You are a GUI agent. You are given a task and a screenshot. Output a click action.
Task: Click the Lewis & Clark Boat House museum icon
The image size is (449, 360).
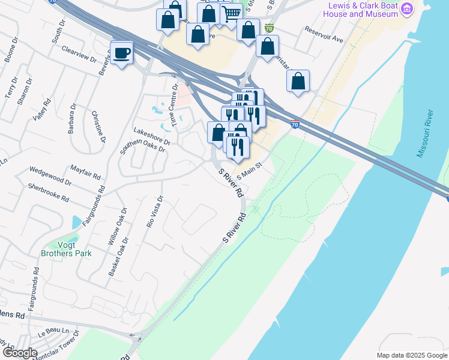pos(408,9)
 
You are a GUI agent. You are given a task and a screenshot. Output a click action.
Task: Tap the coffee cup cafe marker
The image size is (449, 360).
pos(122,53)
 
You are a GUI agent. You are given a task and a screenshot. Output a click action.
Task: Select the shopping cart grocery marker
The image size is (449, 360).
pos(232,14)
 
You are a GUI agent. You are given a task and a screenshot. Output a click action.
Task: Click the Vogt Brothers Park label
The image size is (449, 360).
pos(67,249)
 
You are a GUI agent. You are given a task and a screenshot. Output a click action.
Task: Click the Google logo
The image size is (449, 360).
pos(19,353)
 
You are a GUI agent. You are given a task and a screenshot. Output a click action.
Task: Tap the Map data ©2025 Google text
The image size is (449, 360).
pos(411,355)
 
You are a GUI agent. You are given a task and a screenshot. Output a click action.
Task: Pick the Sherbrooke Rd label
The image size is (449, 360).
pos(49,192)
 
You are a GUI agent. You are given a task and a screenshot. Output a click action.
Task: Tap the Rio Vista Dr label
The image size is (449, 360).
pos(154,212)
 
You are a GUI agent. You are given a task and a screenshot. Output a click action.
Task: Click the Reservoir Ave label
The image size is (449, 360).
pos(323,35)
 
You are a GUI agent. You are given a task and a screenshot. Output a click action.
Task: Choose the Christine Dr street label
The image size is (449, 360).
pos(98,127)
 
